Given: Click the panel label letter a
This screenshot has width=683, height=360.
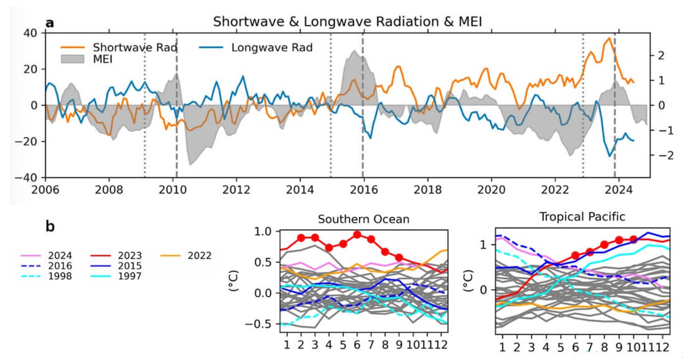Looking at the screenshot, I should pyautogui.click(x=49, y=23).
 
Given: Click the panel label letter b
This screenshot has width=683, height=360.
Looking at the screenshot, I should pyautogui.click(x=50, y=226).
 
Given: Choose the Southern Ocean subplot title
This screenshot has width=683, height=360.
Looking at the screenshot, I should pyautogui.click(x=363, y=219).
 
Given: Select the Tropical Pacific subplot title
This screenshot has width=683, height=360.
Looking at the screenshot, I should pyautogui.click(x=582, y=217).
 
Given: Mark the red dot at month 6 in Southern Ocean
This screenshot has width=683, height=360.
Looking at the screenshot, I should pyautogui.click(x=357, y=235).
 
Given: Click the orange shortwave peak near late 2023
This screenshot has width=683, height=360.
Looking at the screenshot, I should pyautogui.click(x=609, y=38).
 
